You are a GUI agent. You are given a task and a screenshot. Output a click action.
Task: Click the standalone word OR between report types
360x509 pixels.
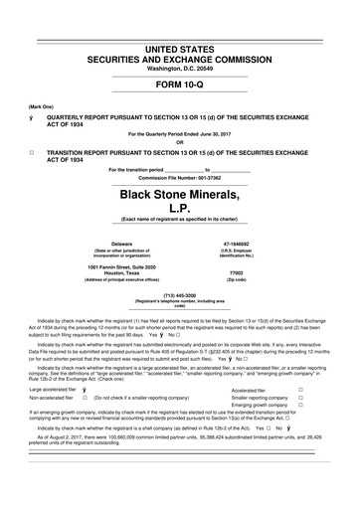coord(179,140)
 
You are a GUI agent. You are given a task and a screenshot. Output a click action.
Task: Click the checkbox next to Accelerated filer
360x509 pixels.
coord(328,391)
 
